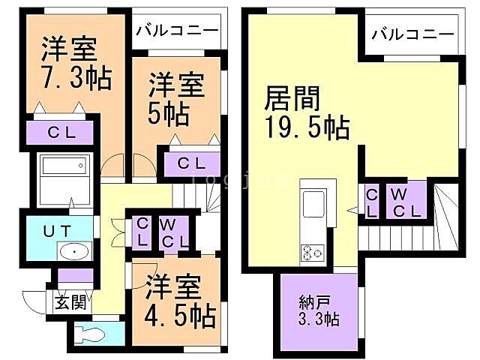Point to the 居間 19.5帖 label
(x=305, y=112)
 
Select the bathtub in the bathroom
(x=63, y=166)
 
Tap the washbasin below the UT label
(x=73, y=252)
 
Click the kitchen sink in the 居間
(x=312, y=202)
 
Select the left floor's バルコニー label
(x=177, y=31)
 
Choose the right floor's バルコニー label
(x=412, y=34)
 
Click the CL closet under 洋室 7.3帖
(x=62, y=133)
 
